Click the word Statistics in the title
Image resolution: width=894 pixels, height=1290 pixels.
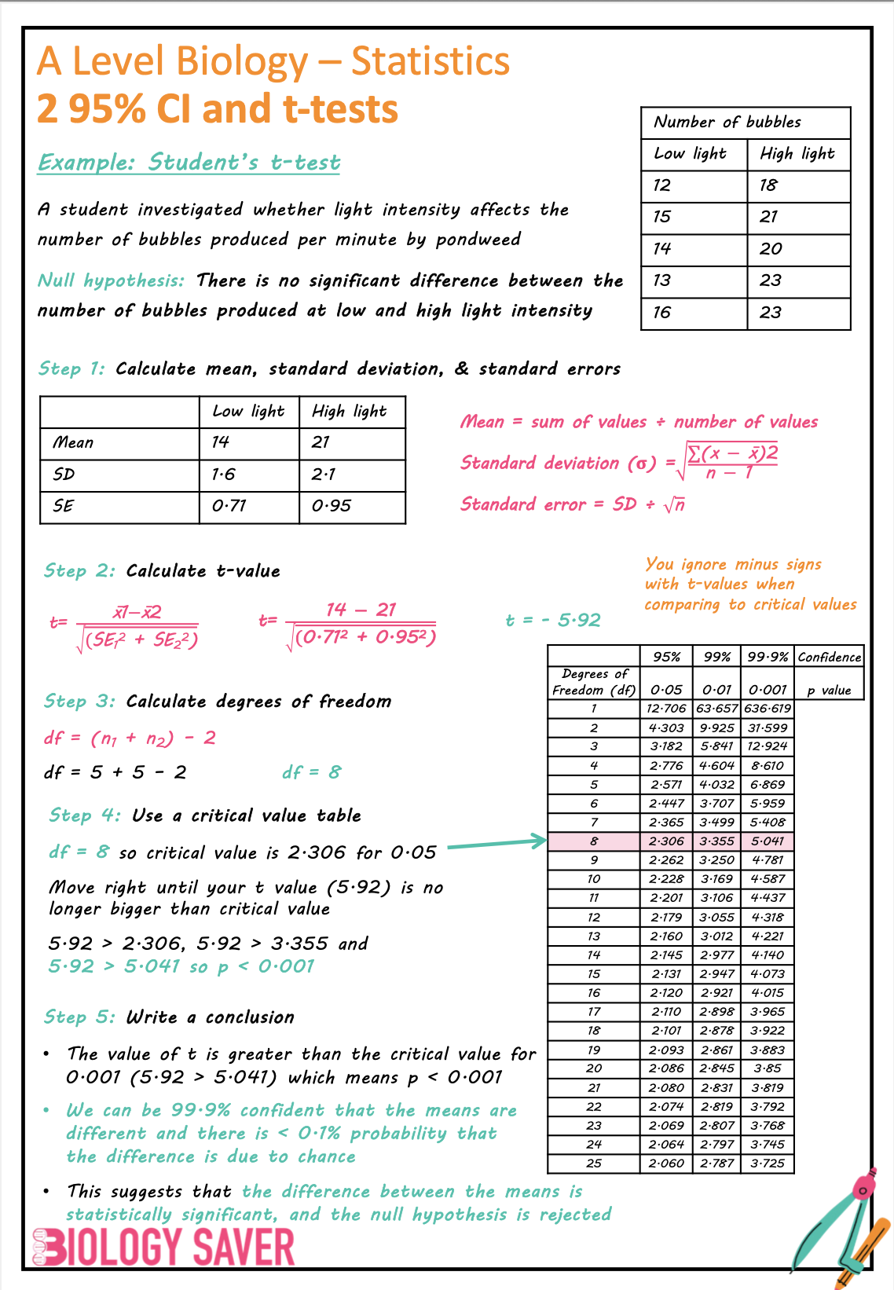click(x=430, y=61)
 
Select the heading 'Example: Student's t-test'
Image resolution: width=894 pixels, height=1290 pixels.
click(x=189, y=163)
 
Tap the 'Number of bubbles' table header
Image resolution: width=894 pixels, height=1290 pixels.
click(x=727, y=122)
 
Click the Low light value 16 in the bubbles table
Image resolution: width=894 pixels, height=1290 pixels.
click(x=662, y=313)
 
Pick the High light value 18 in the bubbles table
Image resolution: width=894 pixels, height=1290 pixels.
click(x=768, y=185)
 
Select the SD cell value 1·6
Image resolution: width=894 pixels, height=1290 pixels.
click(x=223, y=475)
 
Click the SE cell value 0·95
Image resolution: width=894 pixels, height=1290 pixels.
click(x=331, y=506)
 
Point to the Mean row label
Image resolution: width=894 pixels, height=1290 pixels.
click(x=73, y=442)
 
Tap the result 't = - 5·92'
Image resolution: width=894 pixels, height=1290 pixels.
click(x=553, y=620)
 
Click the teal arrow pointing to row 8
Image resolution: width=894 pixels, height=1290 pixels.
click(x=496, y=845)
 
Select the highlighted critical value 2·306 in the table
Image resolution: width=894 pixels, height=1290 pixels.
click(x=666, y=841)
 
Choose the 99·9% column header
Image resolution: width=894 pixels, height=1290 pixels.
click(x=768, y=657)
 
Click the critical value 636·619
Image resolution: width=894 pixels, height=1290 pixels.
click(x=768, y=709)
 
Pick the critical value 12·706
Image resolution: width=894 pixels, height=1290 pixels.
click(x=666, y=709)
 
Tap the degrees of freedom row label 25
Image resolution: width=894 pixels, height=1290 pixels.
click(x=594, y=1164)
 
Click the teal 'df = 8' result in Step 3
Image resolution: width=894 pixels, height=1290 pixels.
click(x=311, y=772)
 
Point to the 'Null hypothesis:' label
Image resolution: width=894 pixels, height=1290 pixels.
click(x=111, y=280)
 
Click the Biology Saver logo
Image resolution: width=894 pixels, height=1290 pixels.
click(x=163, y=1247)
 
